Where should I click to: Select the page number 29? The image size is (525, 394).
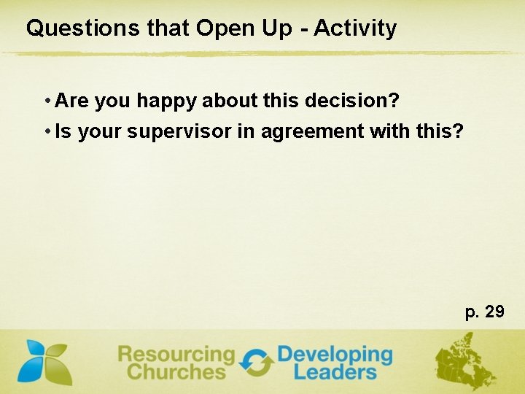(494, 312)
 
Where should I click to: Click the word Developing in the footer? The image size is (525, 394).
(335, 355)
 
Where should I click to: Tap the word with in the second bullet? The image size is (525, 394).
(390, 132)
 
